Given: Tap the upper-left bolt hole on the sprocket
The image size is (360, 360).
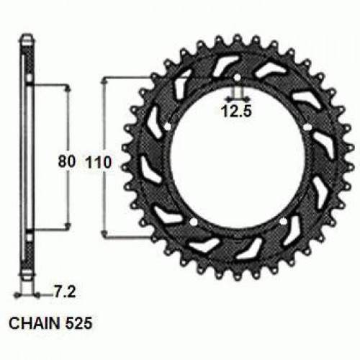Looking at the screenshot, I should click(166, 127).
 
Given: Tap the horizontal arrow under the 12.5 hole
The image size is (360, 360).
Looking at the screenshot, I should click(235, 96).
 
